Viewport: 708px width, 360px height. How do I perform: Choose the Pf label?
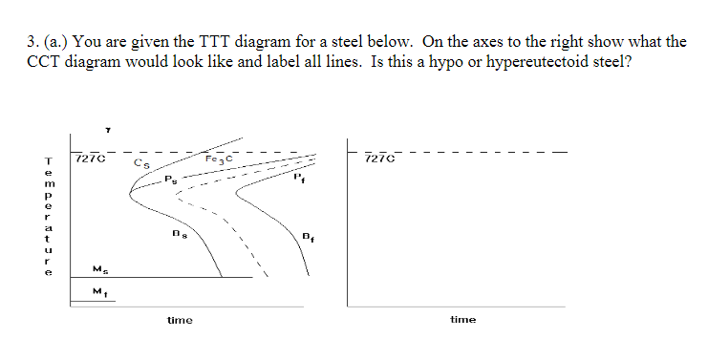pos(300,177)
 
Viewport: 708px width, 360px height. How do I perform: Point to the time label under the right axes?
pos(462,320)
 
